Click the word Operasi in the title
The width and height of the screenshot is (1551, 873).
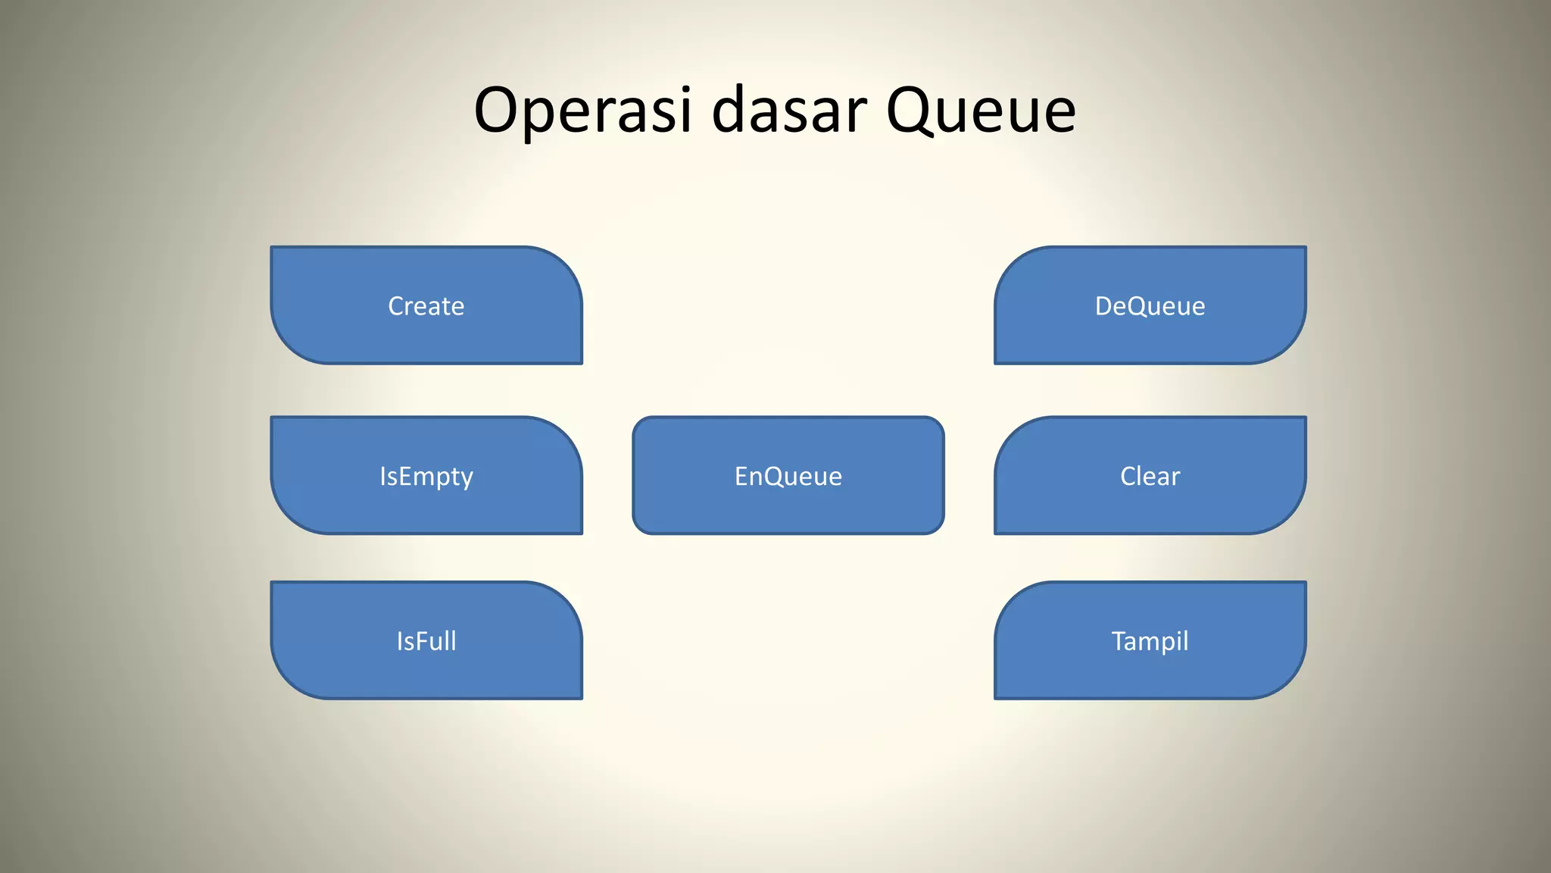[x=582, y=111]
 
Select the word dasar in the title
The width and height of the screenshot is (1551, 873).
[x=789, y=111]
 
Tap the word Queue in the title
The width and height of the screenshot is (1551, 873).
[x=981, y=112]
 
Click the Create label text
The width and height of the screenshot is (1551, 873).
[x=426, y=306]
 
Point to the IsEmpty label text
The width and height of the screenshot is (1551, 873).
[x=426, y=477]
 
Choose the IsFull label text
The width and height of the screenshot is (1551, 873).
[x=426, y=641]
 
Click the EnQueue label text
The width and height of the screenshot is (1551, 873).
[x=788, y=477]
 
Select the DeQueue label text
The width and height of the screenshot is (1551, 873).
[x=1150, y=306]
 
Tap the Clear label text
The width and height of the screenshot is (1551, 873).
[x=1150, y=477]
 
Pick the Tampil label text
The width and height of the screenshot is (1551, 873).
[x=1150, y=641]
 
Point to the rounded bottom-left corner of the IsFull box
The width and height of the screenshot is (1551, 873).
[x=290, y=680]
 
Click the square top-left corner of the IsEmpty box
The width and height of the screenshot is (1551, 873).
[x=273, y=418]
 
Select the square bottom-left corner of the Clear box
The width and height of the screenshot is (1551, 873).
[x=997, y=532]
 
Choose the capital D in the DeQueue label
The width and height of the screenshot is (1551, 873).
[x=1104, y=306]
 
